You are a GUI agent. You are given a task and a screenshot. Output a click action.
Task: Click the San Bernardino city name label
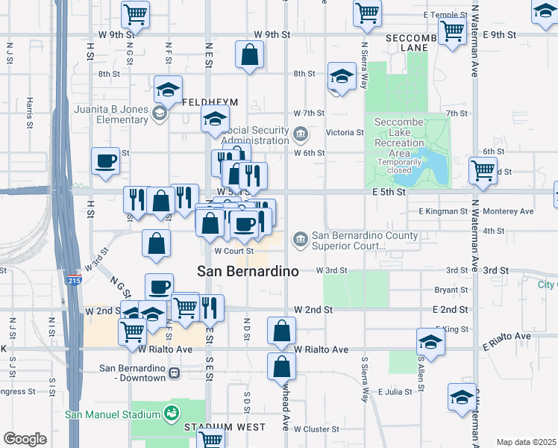pos(248,270)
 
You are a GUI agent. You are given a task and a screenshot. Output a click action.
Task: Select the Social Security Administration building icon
pos(301,135)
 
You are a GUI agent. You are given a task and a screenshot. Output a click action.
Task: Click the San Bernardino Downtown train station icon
pos(173,373)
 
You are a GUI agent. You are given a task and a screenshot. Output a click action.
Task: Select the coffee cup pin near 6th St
pos(105,160)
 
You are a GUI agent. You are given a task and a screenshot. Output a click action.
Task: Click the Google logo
pos(25,439)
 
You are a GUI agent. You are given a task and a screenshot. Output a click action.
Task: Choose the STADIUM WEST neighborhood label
pos(225,427)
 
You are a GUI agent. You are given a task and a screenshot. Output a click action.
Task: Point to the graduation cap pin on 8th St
pos(342,77)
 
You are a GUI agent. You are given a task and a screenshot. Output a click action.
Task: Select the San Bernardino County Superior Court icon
pos(300,239)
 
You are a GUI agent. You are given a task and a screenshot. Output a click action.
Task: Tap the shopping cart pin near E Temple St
pos(367,13)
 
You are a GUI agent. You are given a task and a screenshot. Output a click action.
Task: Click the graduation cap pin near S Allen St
pos(430,343)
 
